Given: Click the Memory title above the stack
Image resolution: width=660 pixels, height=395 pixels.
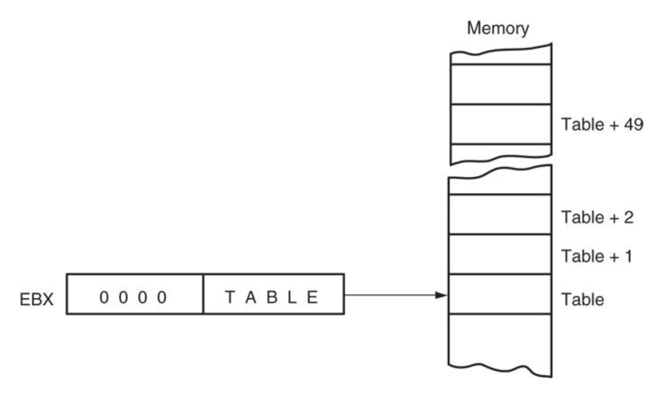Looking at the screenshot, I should point(498,28).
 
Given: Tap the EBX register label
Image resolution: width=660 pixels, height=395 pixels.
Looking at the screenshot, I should point(36,299).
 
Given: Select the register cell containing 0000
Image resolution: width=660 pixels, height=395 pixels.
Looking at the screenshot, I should point(135,294).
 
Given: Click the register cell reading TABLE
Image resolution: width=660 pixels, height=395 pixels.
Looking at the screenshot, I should point(273,294).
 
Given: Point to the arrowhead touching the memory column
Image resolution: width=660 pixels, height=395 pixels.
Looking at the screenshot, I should point(442,295).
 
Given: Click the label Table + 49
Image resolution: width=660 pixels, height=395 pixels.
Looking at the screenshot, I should point(602,124).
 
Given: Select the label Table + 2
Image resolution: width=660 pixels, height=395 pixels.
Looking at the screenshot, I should point(597,217).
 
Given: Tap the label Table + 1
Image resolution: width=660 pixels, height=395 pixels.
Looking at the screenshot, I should point(597,256).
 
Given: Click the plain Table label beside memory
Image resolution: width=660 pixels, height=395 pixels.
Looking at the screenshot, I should point(582,299).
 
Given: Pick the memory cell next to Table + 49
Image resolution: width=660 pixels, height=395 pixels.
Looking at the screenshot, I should point(501,124).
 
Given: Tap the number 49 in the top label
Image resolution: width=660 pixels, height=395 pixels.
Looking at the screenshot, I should point(633,124).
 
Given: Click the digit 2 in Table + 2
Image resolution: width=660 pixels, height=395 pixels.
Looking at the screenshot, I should point(628,217).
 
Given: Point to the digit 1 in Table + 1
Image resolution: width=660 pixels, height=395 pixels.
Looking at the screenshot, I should point(628,256).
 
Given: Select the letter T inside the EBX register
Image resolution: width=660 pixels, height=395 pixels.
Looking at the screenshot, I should point(230,297).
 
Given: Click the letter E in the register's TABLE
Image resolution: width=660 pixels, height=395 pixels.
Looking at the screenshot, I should point(313,297).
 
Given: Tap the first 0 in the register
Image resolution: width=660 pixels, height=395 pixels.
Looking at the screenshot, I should point(104,297).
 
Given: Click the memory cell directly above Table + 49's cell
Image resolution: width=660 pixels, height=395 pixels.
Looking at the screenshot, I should point(501,84).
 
